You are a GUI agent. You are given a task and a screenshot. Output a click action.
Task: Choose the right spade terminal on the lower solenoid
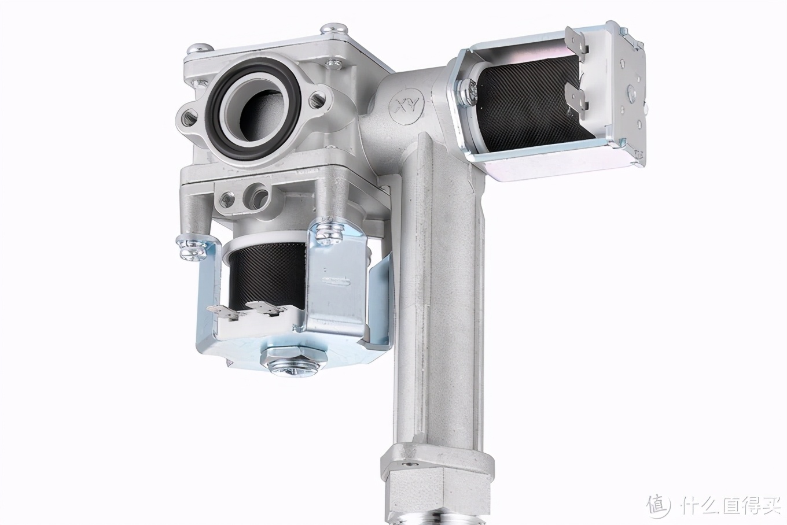(269, 309)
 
